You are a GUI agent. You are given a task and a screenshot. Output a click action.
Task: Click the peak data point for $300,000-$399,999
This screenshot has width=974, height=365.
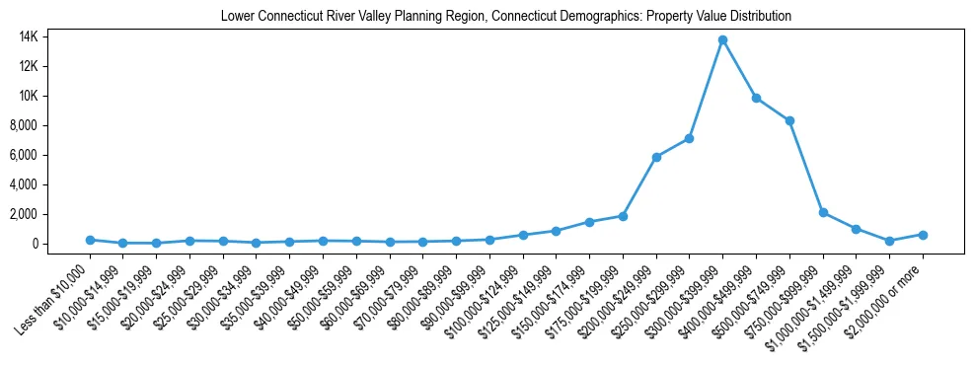click(x=722, y=39)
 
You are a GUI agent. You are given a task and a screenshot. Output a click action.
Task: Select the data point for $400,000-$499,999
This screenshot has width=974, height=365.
click(x=756, y=98)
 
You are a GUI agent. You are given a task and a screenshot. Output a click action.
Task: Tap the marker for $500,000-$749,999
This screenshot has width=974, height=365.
click(x=789, y=120)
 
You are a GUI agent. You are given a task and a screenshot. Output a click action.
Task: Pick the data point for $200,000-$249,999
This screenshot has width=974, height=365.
click(x=656, y=157)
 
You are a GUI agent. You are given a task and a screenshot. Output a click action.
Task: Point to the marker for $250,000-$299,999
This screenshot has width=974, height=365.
click(x=689, y=138)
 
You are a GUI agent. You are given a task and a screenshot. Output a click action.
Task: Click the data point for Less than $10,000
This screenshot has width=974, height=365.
click(x=90, y=240)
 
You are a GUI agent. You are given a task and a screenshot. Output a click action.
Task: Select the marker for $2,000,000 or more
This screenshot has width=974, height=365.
click(x=923, y=235)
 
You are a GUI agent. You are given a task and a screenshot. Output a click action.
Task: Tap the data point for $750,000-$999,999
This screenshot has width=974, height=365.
click(x=823, y=212)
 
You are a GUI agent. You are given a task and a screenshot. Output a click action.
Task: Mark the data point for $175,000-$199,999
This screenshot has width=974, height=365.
click(x=623, y=216)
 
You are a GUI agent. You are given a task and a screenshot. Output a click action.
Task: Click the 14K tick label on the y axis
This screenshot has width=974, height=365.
click(x=52, y=36)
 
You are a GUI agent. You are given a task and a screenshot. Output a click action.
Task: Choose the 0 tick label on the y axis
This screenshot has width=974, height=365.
click(x=61, y=244)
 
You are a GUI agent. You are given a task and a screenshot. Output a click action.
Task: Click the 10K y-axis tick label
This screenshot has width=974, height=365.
click(x=52, y=96)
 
